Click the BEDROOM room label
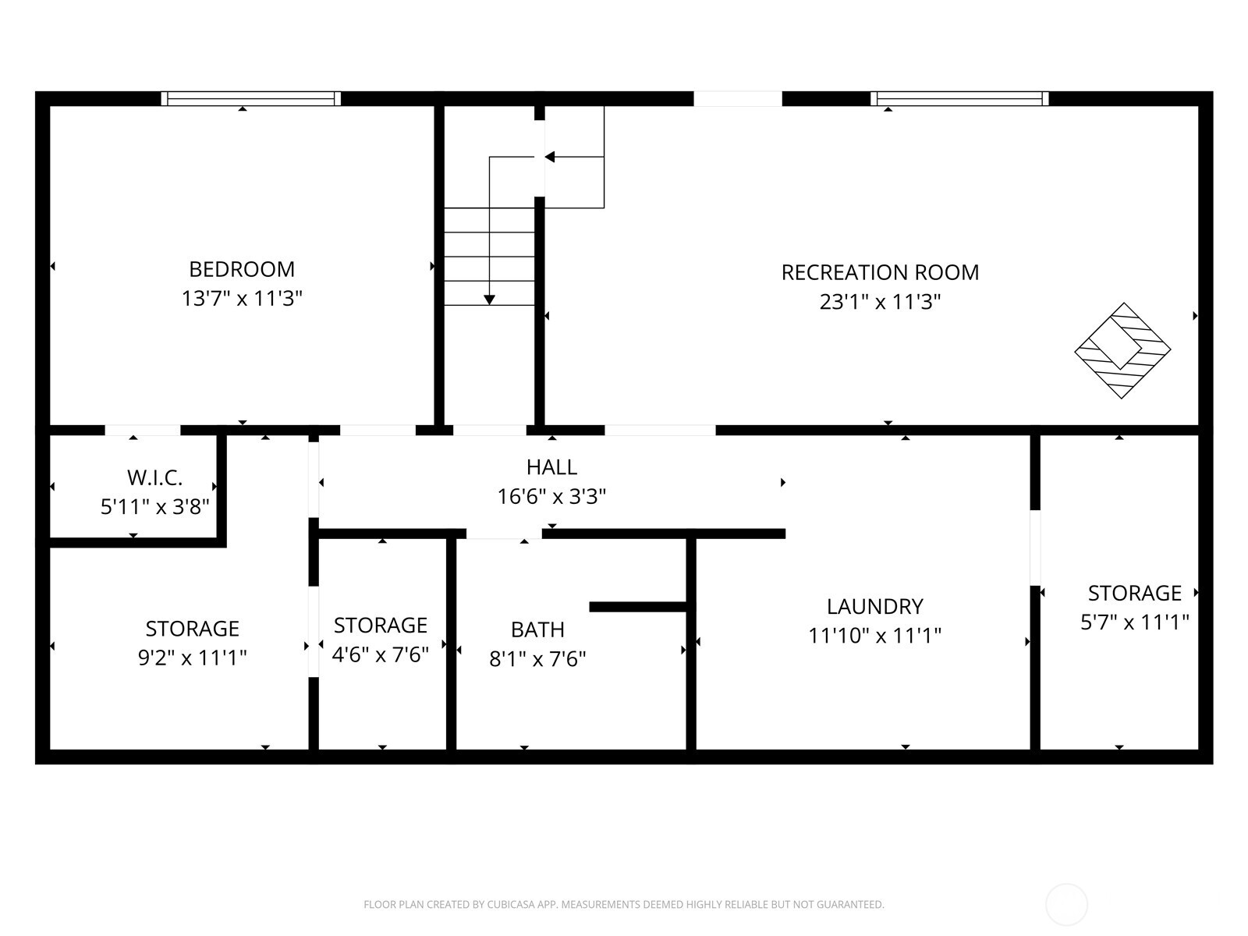[x=242, y=269]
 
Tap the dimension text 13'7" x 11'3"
[x=242, y=298]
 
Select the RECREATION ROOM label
[x=880, y=272]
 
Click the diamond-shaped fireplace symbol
[x=1122, y=351]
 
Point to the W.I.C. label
[x=154, y=477]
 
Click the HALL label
[x=551, y=467]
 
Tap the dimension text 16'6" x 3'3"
[x=551, y=496]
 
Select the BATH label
[x=537, y=629]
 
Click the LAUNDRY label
[x=874, y=606]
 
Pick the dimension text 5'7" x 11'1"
[x=1134, y=622]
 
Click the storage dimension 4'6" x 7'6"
[x=381, y=654]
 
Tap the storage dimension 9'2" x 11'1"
[x=192, y=658]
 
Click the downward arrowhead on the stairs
[x=489, y=300]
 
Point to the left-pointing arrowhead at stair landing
[x=549, y=157]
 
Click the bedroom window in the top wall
[x=251, y=98]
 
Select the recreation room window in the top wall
[x=959, y=98]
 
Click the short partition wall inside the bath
[x=637, y=607]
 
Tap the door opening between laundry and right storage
[x=1035, y=548]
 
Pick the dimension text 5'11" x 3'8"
[x=154, y=507]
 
